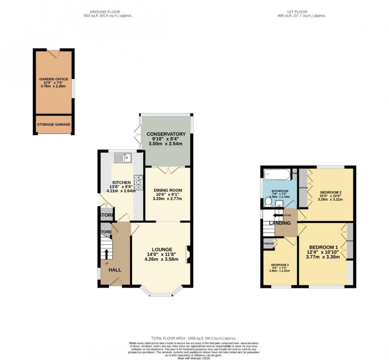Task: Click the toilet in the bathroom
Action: click(x=268, y=202)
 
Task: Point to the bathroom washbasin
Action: click(x=279, y=204)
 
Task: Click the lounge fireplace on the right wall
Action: click(x=189, y=254)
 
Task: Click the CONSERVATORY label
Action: click(x=166, y=134)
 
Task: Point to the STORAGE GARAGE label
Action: click(x=54, y=125)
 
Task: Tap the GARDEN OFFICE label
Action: click(x=54, y=79)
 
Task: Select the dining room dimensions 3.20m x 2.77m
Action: click(x=168, y=199)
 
